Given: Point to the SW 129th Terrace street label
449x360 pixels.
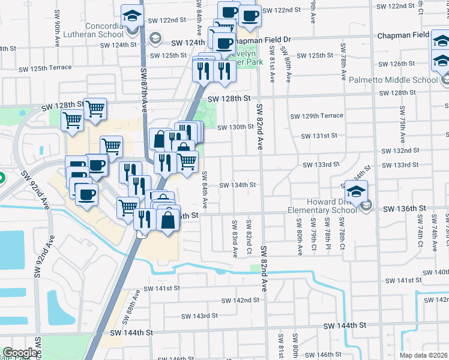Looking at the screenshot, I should point(316,116).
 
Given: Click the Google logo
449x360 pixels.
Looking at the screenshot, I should point(20,353).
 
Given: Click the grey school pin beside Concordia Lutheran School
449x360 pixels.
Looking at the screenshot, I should point(155,39).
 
